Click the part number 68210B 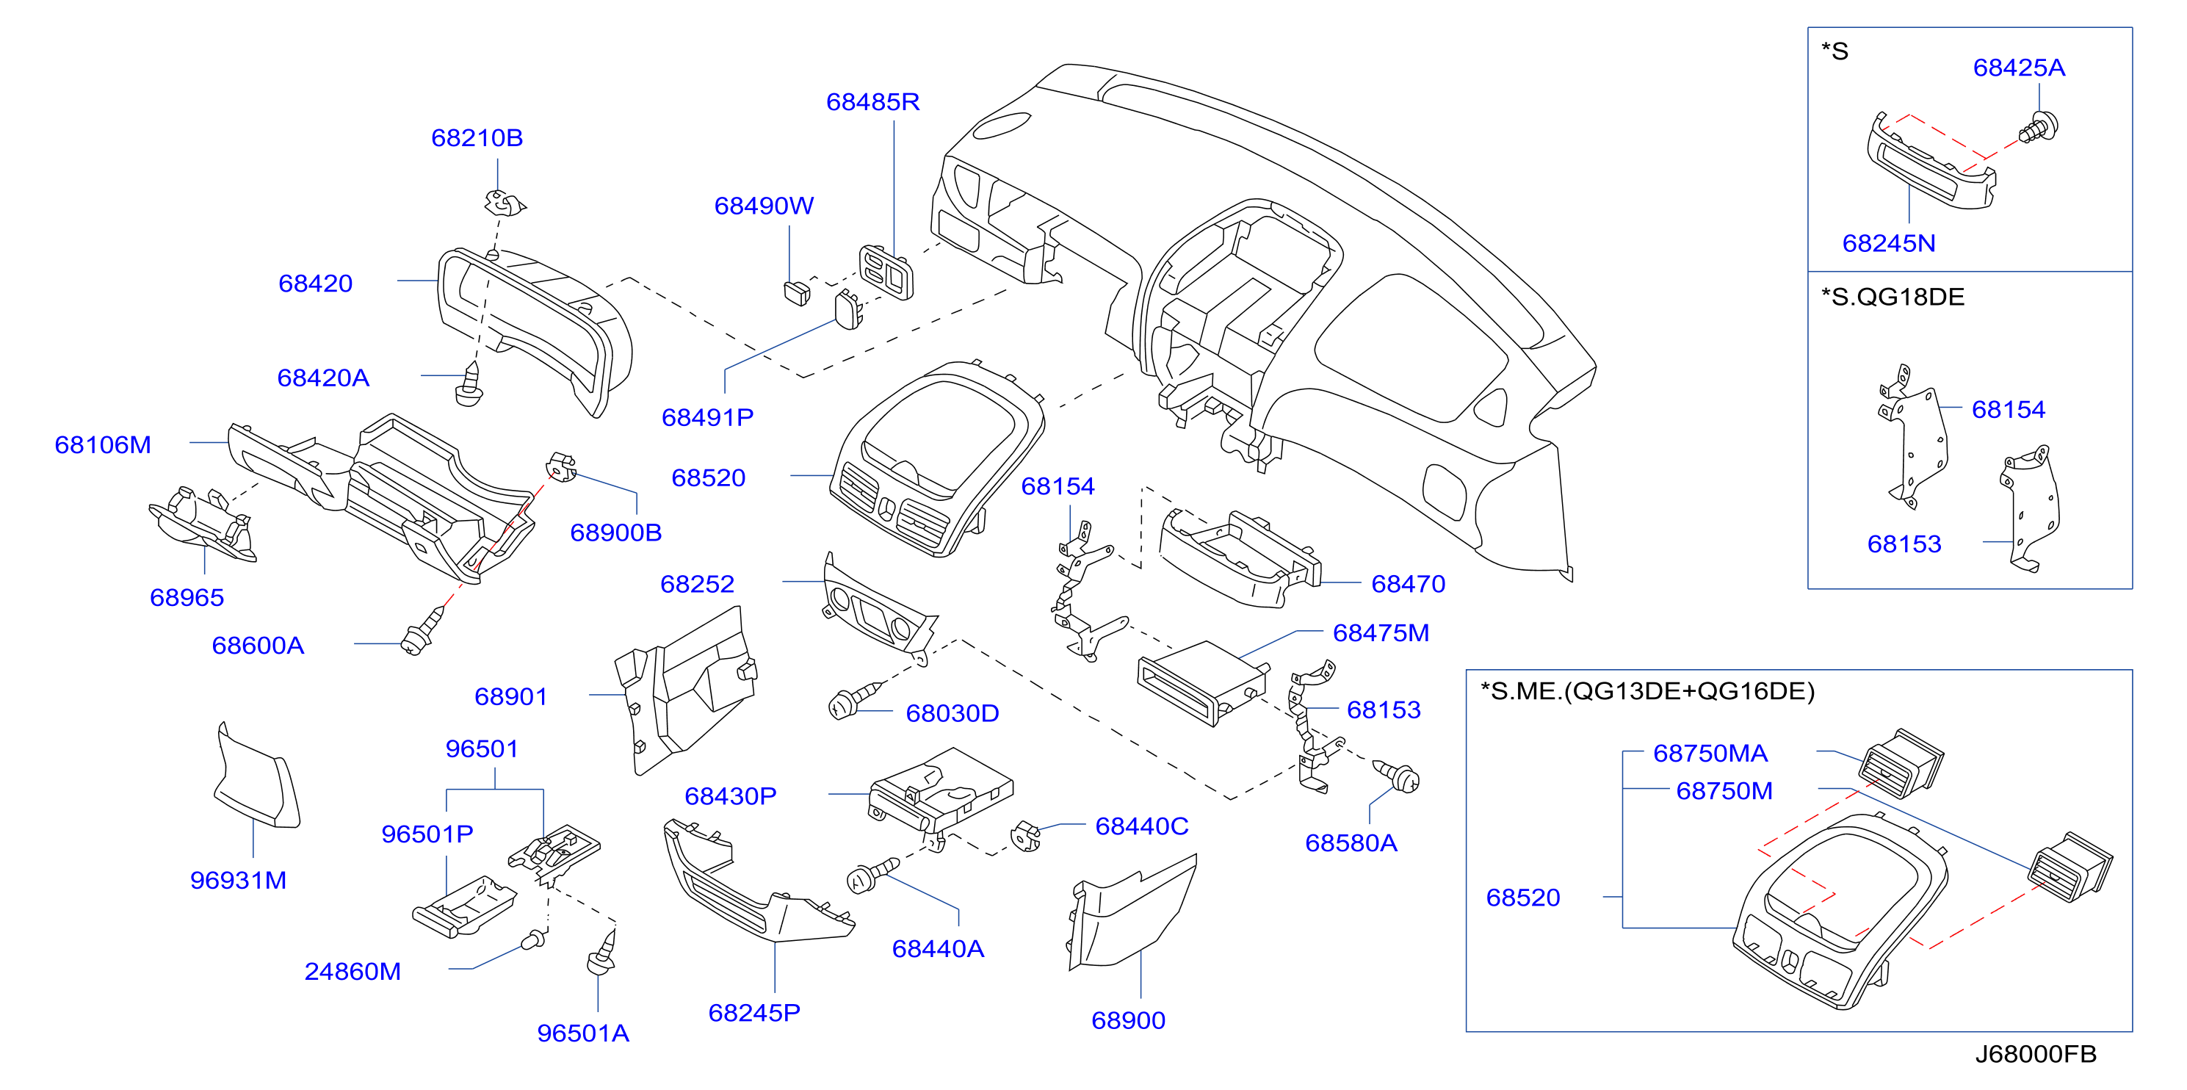pyautogui.click(x=477, y=137)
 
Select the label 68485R pyautogui.click(x=872, y=102)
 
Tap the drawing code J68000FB pyautogui.click(x=2035, y=1053)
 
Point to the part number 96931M pyautogui.click(x=239, y=881)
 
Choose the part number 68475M pyautogui.click(x=1381, y=632)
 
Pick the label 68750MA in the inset pyautogui.click(x=1710, y=753)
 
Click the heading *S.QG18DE pyautogui.click(x=1893, y=297)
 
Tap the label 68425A pyautogui.click(x=2019, y=68)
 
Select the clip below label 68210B pyautogui.click(x=505, y=203)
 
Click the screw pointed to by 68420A pyautogui.click(x=469, y=385)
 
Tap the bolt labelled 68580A pyautogui.click(x=1398, y=776)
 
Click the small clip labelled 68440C pyautogui.click(x=1026, y=836)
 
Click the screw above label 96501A pyautogui.click(x=602, y=954)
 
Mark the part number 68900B pyautogui.click(x=615, y=533)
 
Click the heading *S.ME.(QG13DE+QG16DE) pyautogui.click(x=1647, y=691)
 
